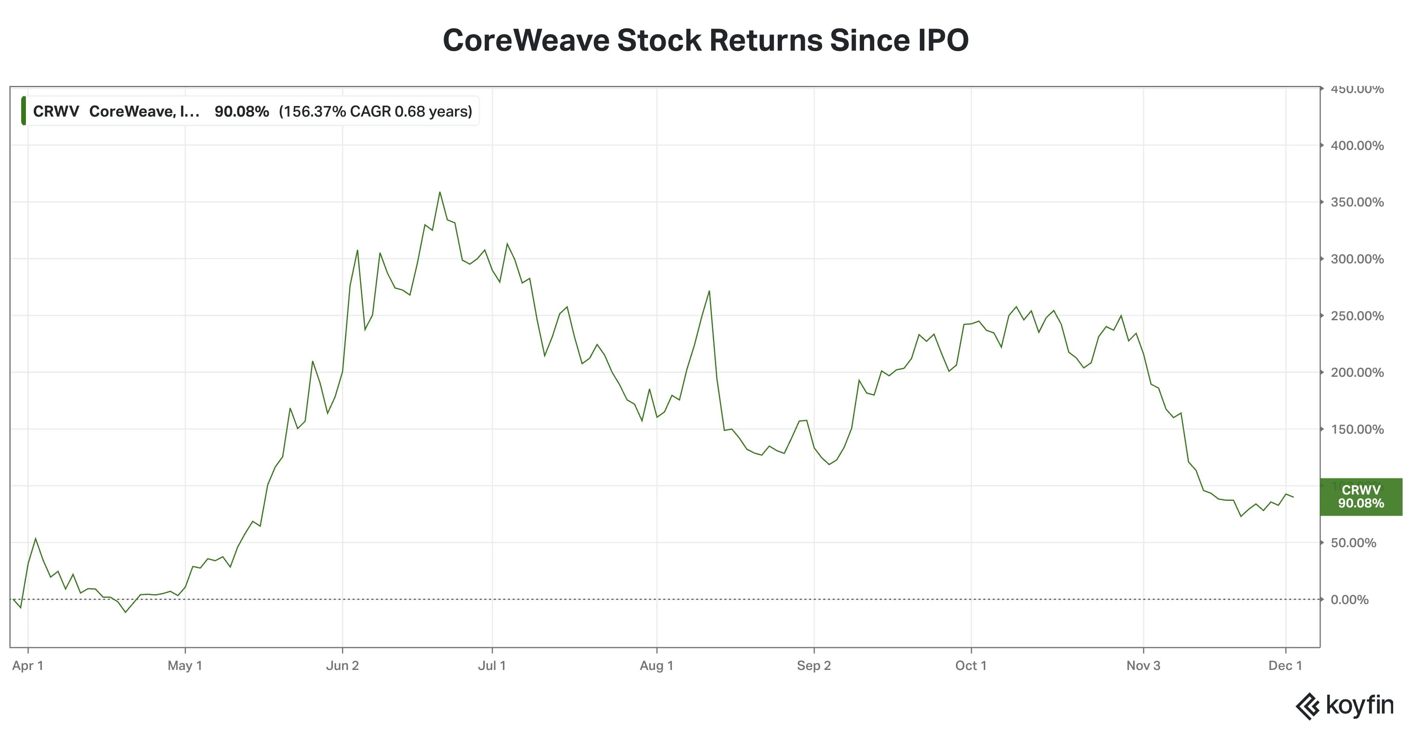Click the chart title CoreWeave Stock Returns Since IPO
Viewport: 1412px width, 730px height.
tap(706, 40)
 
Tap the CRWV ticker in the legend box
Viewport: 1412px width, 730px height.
tap(56, 111)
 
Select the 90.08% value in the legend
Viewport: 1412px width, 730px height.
tap(242, 111)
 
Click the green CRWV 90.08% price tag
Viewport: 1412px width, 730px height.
tap(1361, 497)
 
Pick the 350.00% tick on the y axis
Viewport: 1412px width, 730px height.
tap(1357, 203)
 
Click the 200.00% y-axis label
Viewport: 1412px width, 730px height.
tap(1357, 372)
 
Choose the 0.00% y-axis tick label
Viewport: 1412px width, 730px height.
tap(1350, 599)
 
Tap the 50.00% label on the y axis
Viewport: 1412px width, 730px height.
tap(1353, 543)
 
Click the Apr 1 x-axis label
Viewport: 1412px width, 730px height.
tap(27, 666)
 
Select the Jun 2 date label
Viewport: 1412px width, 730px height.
tap(342, 666)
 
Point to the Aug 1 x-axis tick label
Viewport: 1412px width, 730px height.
tap(656, 666)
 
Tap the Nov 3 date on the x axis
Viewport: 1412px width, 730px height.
tap(1143, 666)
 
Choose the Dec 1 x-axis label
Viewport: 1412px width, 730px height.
tap(1285, 666)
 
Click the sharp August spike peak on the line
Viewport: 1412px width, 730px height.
tap(709, 291)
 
